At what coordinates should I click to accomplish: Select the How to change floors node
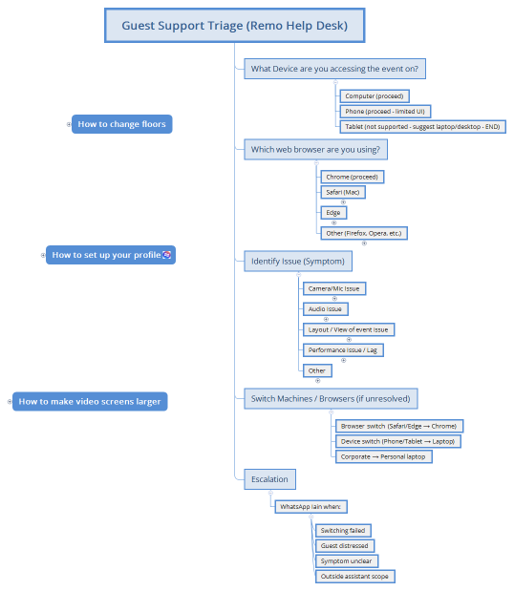pyautogui.click(x=121, y=124)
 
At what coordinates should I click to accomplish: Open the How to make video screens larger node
pyautogui.click(x=90, y=401)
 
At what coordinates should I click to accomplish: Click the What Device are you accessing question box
pyautogui.click(x=334, y=69)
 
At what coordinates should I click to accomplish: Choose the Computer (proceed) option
pyautogui.click(x=375, y=96)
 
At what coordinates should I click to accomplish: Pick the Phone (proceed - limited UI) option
pyautogui.click(x=385, y=112)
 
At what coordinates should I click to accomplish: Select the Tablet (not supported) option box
pyautogui.click(x=421, y=127)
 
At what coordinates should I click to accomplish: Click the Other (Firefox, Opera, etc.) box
pyautogui.click(x=364, y=233)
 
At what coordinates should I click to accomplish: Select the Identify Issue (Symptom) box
pyautogui.click(x=297, y=261)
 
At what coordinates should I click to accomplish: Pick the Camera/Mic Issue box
pyautogui.click(x=333, y=288)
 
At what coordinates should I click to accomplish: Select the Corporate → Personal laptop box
pyautogui.click(x=384, y=456)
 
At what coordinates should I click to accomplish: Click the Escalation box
pyautogui.click(x=268, y=478)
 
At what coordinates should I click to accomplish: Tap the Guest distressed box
pyautogui.click(x=345, y=545)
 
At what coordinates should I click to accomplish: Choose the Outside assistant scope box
pyautogui.click(x=353, y=576)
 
